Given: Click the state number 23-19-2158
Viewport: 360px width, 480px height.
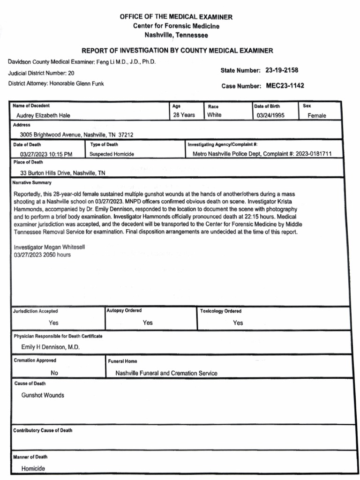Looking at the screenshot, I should [x=281, y=70].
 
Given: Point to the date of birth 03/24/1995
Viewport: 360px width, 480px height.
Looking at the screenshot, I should [x=270, y=115].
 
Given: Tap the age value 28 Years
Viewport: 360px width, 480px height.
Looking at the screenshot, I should [x=184, y=115].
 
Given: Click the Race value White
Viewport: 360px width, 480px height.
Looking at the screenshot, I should [x=214, y=115].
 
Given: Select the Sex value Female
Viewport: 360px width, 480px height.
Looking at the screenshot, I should [x=316, y=116].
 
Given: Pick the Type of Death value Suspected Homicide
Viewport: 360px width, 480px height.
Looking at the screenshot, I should [x=112, y=154].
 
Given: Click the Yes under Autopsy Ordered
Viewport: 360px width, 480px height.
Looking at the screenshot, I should [x=148, y=323].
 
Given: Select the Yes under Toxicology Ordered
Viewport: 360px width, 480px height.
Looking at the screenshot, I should [x=238, y=323].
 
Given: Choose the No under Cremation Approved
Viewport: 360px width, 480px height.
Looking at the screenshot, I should [x=54, y=374].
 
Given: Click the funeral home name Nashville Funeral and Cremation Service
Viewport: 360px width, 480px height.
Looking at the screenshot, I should [x=166, y=374].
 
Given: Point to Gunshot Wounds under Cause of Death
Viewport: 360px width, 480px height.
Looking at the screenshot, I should [x=43, y=396].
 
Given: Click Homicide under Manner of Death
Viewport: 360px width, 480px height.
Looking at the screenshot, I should [x=33, y=468].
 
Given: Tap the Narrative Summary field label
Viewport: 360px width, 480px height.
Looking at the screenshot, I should [x=32, y=183].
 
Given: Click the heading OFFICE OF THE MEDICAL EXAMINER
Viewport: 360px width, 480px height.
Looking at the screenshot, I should [x=176, y=17].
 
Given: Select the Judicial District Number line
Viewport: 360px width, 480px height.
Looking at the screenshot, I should [x=41, y=73].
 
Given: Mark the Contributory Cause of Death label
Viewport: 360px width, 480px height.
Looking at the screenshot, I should [x=43, y=430].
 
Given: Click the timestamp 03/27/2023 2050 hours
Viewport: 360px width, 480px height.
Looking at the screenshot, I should [x=42, y=255].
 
